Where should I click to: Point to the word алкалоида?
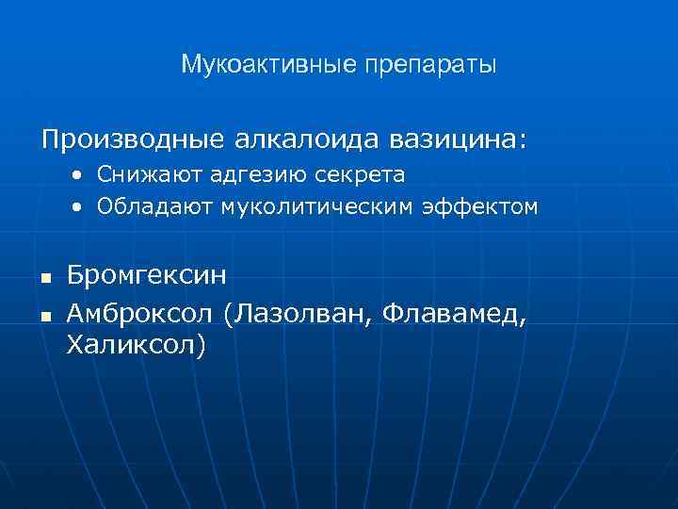click(x=313, y=140)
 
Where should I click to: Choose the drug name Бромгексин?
click(x=147, y=277)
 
